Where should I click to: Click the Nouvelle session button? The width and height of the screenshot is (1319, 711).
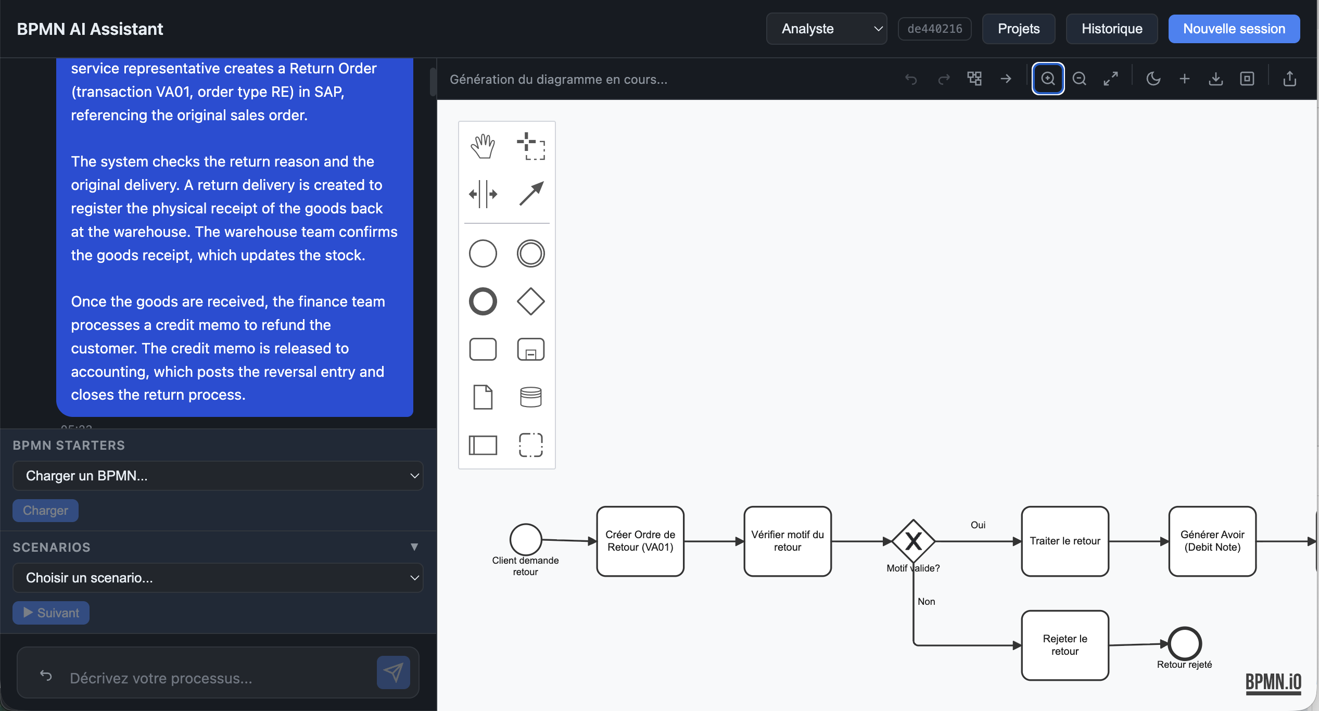click(1234, 29)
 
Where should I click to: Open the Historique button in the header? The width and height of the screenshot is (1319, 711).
click(1111, 29)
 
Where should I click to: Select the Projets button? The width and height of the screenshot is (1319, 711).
click(1018, 29)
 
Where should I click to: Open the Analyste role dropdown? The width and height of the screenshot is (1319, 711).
click(826, 29)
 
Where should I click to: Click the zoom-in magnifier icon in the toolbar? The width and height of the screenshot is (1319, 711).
click(1048, 79)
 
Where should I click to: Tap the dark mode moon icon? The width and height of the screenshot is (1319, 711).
click(1153, 79)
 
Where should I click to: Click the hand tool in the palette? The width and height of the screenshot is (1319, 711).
click(483, 146)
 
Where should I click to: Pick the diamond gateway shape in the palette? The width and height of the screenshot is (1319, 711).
click(530, 301)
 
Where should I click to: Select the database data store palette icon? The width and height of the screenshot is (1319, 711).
click(530, 397)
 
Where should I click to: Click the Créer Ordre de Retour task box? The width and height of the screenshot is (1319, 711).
click(640, 541)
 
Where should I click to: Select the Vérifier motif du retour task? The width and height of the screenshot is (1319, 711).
click(787, 541)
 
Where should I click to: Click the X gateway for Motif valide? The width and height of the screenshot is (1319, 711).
click(913, 541)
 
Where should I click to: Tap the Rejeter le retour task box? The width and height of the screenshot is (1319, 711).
click(1064, 645)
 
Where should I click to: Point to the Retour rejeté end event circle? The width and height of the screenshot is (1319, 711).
click(1184, 643)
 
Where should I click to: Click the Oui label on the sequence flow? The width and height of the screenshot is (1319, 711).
click(978, 525)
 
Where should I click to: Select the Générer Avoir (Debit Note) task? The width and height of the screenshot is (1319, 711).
click(1212, 541)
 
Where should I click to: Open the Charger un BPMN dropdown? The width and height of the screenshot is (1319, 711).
click(218, 476)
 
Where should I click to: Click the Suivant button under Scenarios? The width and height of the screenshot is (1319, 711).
click(51, 613)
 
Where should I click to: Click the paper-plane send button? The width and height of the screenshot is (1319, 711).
click(393, 672)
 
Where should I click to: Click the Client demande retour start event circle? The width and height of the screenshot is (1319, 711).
click(525, 539)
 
